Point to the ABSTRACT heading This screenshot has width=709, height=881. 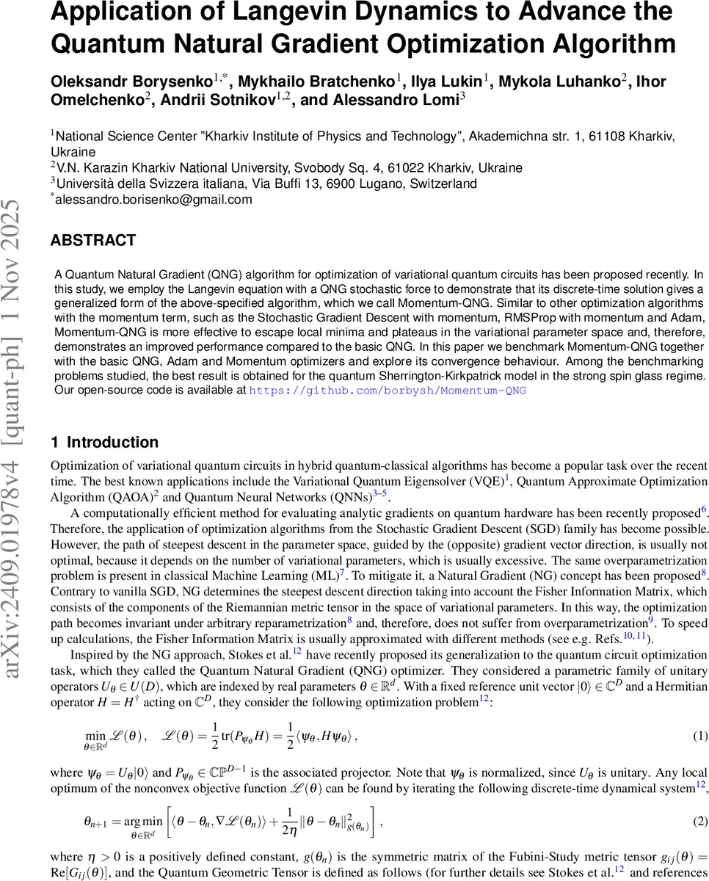92,240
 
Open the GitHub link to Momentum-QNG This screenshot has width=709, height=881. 388,390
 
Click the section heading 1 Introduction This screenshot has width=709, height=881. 104,442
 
